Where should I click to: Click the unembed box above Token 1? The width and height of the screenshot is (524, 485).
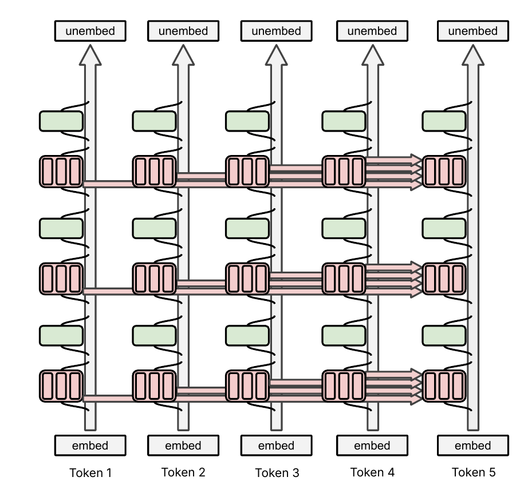90,31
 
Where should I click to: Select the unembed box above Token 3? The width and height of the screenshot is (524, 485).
277,31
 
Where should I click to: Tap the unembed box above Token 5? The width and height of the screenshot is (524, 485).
473,31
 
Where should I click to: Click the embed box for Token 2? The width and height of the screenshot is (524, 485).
183,446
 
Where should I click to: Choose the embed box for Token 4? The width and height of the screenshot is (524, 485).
372,446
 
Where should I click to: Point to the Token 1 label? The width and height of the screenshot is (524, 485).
90,472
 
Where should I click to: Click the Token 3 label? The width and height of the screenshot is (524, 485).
277,472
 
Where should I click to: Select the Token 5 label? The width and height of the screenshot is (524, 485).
474,472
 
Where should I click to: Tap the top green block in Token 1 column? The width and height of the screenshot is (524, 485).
61,121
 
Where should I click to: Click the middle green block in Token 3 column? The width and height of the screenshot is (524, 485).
247,229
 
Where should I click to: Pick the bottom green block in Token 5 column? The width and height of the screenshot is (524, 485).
444,336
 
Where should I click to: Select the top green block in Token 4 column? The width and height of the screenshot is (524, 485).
344,121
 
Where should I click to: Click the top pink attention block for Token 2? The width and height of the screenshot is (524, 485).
155,172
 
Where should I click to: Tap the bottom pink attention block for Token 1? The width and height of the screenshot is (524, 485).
61,386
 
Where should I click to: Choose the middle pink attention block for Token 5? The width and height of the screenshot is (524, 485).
444,279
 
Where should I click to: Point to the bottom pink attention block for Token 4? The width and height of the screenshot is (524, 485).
344,386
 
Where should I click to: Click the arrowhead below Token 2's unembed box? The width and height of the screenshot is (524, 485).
183,55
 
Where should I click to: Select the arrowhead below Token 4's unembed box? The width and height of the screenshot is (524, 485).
373,55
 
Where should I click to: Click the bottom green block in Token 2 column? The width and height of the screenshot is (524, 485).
155,336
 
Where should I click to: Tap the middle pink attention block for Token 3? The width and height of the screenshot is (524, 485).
247,279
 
